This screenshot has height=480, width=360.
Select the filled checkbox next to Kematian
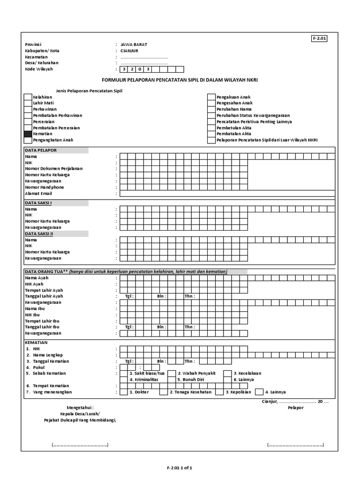28,134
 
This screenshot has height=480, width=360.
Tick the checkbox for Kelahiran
28,97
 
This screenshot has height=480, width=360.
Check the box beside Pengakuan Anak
211,97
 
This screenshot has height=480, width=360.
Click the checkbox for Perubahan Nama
211,109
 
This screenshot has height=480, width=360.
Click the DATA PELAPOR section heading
41,150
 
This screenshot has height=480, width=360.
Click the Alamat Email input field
227,194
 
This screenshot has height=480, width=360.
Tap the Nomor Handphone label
45,187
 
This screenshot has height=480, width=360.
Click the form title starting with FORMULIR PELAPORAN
180,80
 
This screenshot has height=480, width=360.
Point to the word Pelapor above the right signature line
295,408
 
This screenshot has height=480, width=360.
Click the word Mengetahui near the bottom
80,408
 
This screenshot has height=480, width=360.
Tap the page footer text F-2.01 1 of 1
180,468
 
